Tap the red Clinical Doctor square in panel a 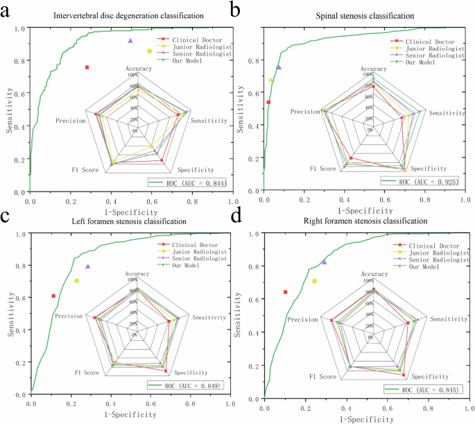coord(87,67)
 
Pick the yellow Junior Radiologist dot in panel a coord(149,51)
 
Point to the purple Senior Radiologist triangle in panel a coord(130,41)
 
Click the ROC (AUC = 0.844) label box coord(188,183)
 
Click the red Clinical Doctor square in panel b coord(268,102)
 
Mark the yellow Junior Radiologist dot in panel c coord(76,280)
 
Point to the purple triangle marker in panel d coord(324,262)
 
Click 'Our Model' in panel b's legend coord(421,62)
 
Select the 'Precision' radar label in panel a coord(70,121)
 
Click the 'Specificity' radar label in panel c coord(189,373)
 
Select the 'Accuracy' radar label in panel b coord(374,69)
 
